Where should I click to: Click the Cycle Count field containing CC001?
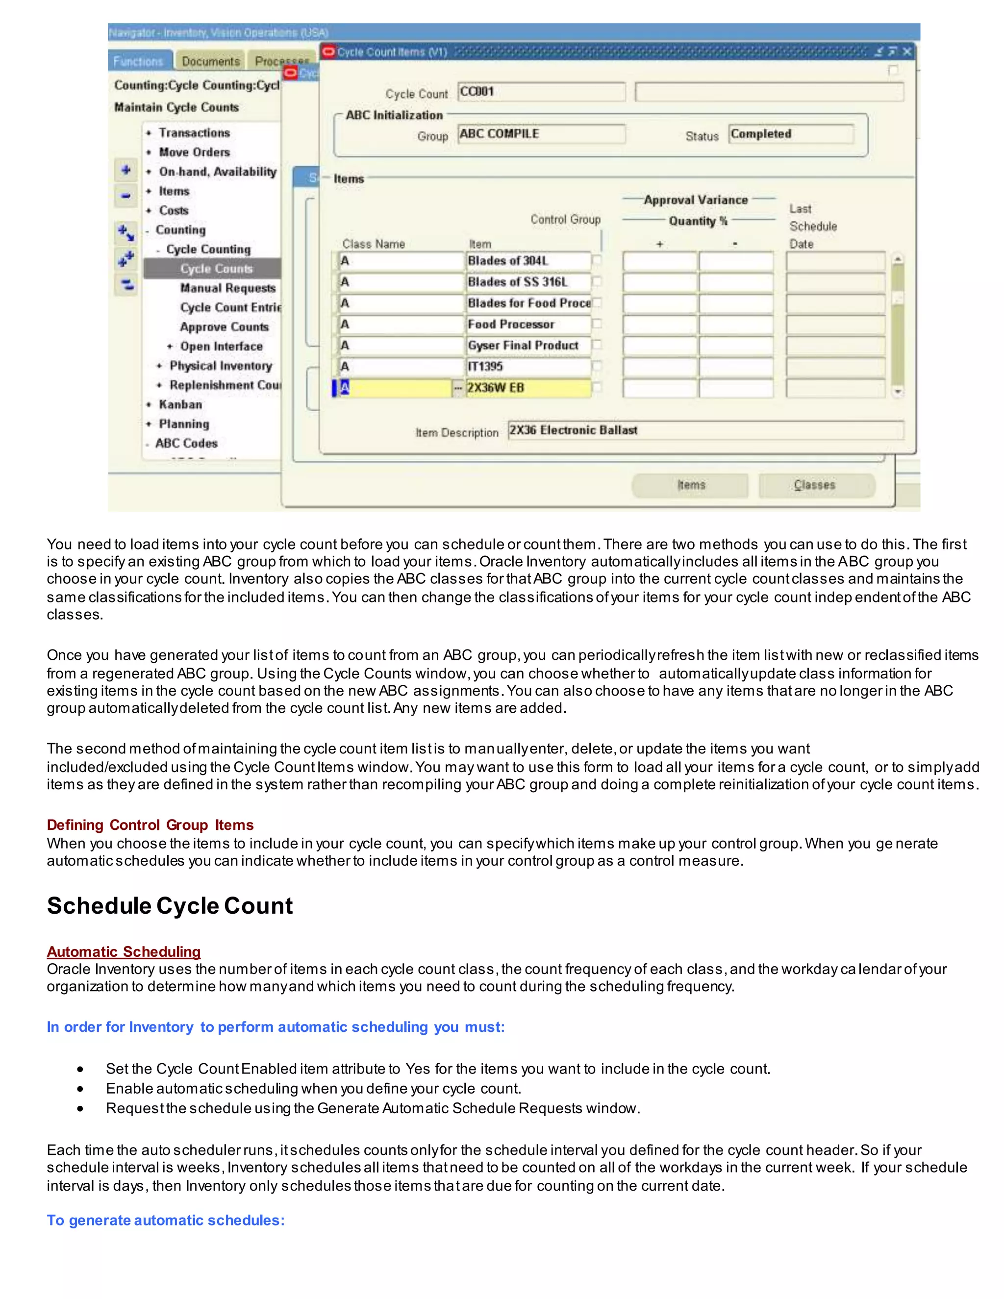tap(541, 92)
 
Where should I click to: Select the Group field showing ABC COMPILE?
tap(541, 134)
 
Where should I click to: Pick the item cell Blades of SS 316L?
tap(527, 282)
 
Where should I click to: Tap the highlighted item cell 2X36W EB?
tap(527, 388)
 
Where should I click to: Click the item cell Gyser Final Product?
tap(527, 346)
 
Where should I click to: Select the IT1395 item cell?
tap(527, 366)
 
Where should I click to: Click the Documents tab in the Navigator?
tap(210, 61)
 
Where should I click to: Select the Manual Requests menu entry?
tap(228, 288)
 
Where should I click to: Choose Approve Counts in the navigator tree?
tap(224, 327)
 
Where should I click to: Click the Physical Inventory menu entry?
tap(221, 366)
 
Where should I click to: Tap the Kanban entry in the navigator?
tap(180, 404)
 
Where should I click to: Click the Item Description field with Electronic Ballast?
tap(705, 430)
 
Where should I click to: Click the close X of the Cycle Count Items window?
tap(906, 52)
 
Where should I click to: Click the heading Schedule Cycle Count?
tap(170, 906)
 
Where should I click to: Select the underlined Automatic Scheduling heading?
tap(124, 951)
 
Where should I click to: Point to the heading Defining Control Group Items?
tap(150, 825)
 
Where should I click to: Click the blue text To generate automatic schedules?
tap(165, 1220)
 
